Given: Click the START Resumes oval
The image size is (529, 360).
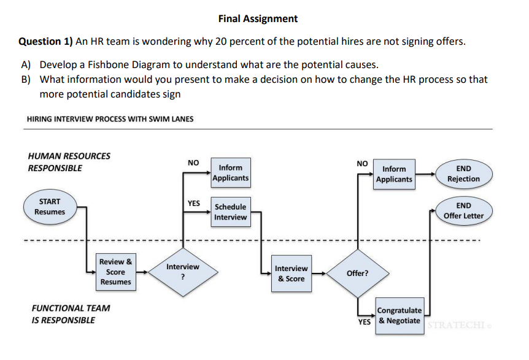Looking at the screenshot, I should [50, 207].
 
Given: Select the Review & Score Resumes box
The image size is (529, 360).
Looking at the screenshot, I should [116, 272].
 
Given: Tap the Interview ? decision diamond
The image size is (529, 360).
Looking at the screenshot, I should [183, 272].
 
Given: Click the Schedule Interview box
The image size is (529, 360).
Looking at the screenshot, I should [230, 212].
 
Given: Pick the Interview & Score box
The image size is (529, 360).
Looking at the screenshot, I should [291, 274].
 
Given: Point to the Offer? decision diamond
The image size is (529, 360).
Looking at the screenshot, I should [357, 274].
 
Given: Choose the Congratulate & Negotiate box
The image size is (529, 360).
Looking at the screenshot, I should [400, 316].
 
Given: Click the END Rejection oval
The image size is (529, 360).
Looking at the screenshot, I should [463, 174].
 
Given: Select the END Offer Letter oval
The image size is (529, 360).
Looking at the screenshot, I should [463, 211].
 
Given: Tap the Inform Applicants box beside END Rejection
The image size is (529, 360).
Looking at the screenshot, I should [394, 174].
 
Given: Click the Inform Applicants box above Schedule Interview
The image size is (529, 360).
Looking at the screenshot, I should [230, 173].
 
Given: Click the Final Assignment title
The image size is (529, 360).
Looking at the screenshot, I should [258, 19].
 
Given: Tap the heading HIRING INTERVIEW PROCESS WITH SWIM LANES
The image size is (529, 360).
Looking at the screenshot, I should [110, 119].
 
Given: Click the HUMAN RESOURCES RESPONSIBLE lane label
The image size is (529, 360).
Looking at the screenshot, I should [69, 162].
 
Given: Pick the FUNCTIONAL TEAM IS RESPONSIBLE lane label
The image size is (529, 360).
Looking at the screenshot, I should [71, 314].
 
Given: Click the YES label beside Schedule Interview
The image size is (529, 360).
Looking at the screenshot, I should [194, 203].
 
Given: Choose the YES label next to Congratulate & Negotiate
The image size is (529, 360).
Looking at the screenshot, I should [365, 321].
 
